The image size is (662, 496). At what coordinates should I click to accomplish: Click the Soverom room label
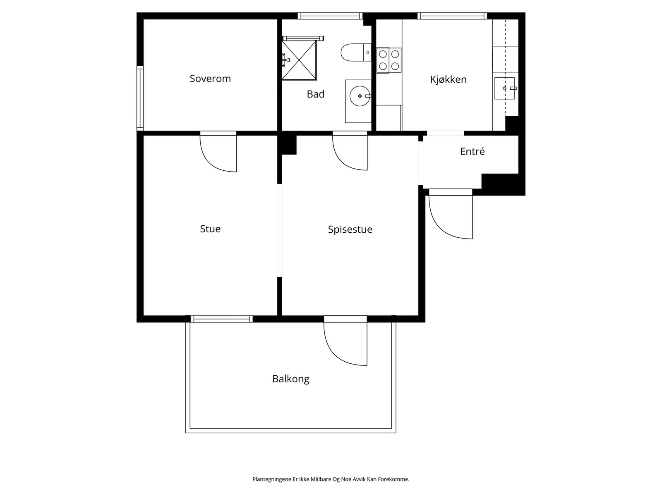210,79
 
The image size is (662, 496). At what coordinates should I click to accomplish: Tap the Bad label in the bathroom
315,94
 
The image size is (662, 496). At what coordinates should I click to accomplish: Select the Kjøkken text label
448,79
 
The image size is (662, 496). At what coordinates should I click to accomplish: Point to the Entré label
473,151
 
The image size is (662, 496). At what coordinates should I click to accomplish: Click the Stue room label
210,229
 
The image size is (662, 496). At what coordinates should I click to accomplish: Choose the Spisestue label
350,230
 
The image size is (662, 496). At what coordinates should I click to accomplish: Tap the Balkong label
291,379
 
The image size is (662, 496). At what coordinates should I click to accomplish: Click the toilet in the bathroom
356,52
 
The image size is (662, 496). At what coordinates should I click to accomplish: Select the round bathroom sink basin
360,96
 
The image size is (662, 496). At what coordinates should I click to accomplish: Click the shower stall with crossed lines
299,60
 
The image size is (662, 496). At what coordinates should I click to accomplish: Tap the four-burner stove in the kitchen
389,60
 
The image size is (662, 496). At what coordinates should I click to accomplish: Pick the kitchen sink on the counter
504,88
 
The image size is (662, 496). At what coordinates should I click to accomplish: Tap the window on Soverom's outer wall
140,98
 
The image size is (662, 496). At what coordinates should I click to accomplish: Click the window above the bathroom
330,16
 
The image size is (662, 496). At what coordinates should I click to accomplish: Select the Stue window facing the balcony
222,319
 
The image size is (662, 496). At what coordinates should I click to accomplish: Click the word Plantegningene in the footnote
272,479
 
